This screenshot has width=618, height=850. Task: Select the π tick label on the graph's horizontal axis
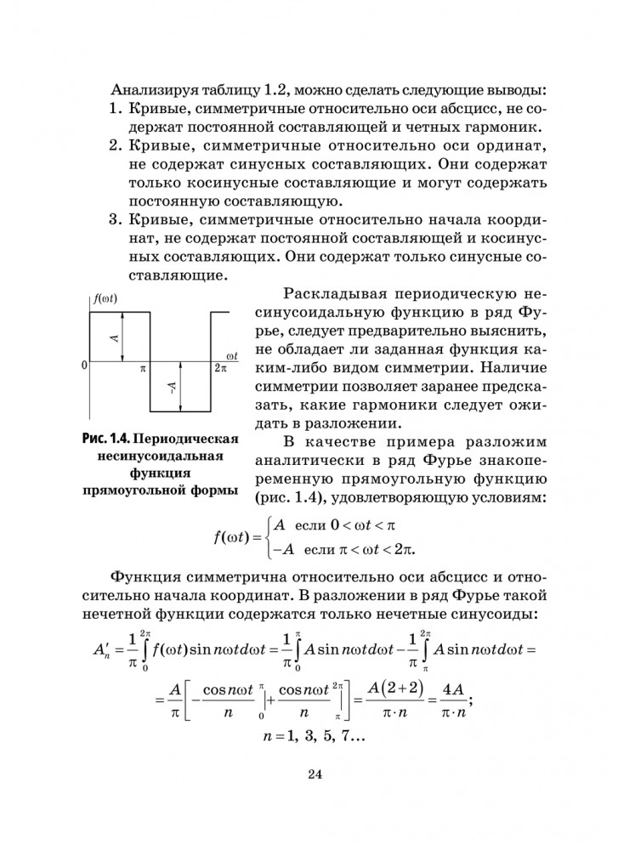(143, 371)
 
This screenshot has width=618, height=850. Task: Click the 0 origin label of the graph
(85, 365)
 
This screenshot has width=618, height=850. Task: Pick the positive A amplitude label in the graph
(114, 337)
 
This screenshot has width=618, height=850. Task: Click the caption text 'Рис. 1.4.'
(105, 440)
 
